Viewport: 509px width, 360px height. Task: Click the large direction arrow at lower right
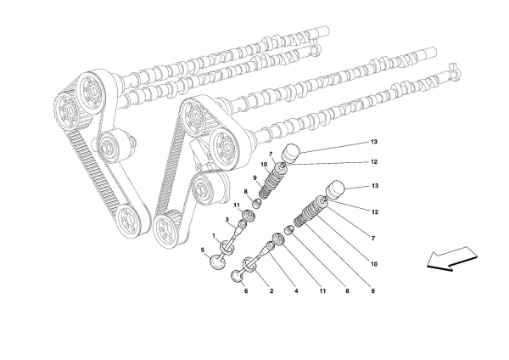coord(450,258)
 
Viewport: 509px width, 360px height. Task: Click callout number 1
coord(214,235)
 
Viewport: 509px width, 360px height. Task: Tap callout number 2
coord(271,291)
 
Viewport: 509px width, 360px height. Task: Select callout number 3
coord(296,291)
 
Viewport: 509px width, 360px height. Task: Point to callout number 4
coord(203,250)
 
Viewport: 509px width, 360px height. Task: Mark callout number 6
coord(374,143)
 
